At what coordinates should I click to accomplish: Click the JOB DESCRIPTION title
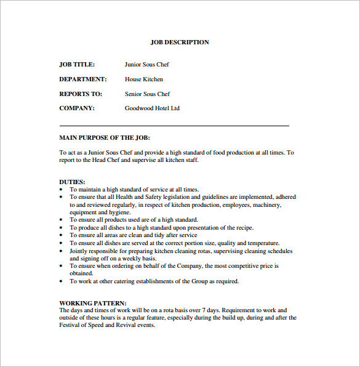pos(180,42)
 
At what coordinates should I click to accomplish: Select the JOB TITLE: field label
pos(76,64)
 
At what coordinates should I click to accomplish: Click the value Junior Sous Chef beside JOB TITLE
pos(146,64)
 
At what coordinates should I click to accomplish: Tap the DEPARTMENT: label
pos(83,79)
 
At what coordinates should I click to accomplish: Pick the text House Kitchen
pos(144,79)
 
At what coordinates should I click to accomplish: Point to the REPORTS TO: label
pos(81,94)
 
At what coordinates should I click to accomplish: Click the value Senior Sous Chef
pos(147,94)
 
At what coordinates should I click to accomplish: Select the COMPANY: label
pos(77,108)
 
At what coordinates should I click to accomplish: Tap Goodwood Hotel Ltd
pos(152,108)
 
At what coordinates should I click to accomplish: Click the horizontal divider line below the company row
pos(174,126)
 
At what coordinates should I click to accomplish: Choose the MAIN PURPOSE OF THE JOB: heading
pos(105,138)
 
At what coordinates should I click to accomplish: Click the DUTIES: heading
pos(71,182)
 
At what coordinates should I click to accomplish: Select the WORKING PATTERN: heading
pos(93,303)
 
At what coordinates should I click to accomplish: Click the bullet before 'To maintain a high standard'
pos(62,190)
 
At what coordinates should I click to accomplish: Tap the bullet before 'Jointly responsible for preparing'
pos(62,251)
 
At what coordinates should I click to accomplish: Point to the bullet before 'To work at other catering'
pos(62,281)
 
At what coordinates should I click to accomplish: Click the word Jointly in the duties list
pos(79,251)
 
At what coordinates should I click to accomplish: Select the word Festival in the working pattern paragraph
pos(71,325)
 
